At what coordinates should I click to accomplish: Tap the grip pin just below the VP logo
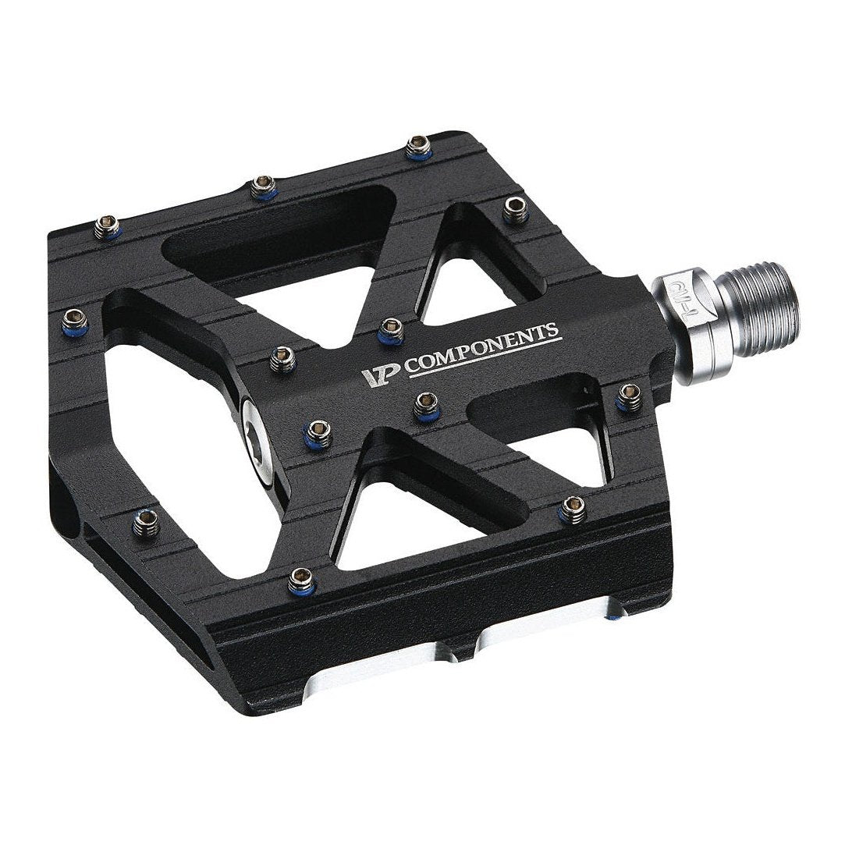(424, 403)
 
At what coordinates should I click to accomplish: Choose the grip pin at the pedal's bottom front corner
(300, 579)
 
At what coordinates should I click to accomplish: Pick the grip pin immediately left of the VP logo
(280, 359)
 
